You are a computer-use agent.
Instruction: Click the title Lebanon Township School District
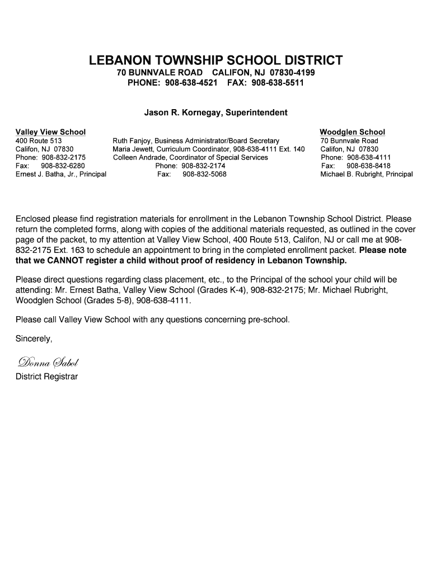tap(215, 60)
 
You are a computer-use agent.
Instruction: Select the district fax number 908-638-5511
tap(278, 83)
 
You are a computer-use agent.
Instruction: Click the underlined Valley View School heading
tap(50, 132)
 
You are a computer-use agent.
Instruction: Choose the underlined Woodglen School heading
tap(352, 132)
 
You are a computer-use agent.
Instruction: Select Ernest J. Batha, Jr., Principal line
tap(61, 174)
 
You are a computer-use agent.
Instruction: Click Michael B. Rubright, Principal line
tap(366, 174)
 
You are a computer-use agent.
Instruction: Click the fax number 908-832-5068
tap(201, 174)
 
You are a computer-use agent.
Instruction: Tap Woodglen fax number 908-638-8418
tap(368, 166)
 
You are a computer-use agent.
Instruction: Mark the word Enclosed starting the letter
tap(33, 218)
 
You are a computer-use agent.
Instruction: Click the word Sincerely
tap(34, 339)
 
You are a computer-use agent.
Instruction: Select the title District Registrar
tap(46, 377)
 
